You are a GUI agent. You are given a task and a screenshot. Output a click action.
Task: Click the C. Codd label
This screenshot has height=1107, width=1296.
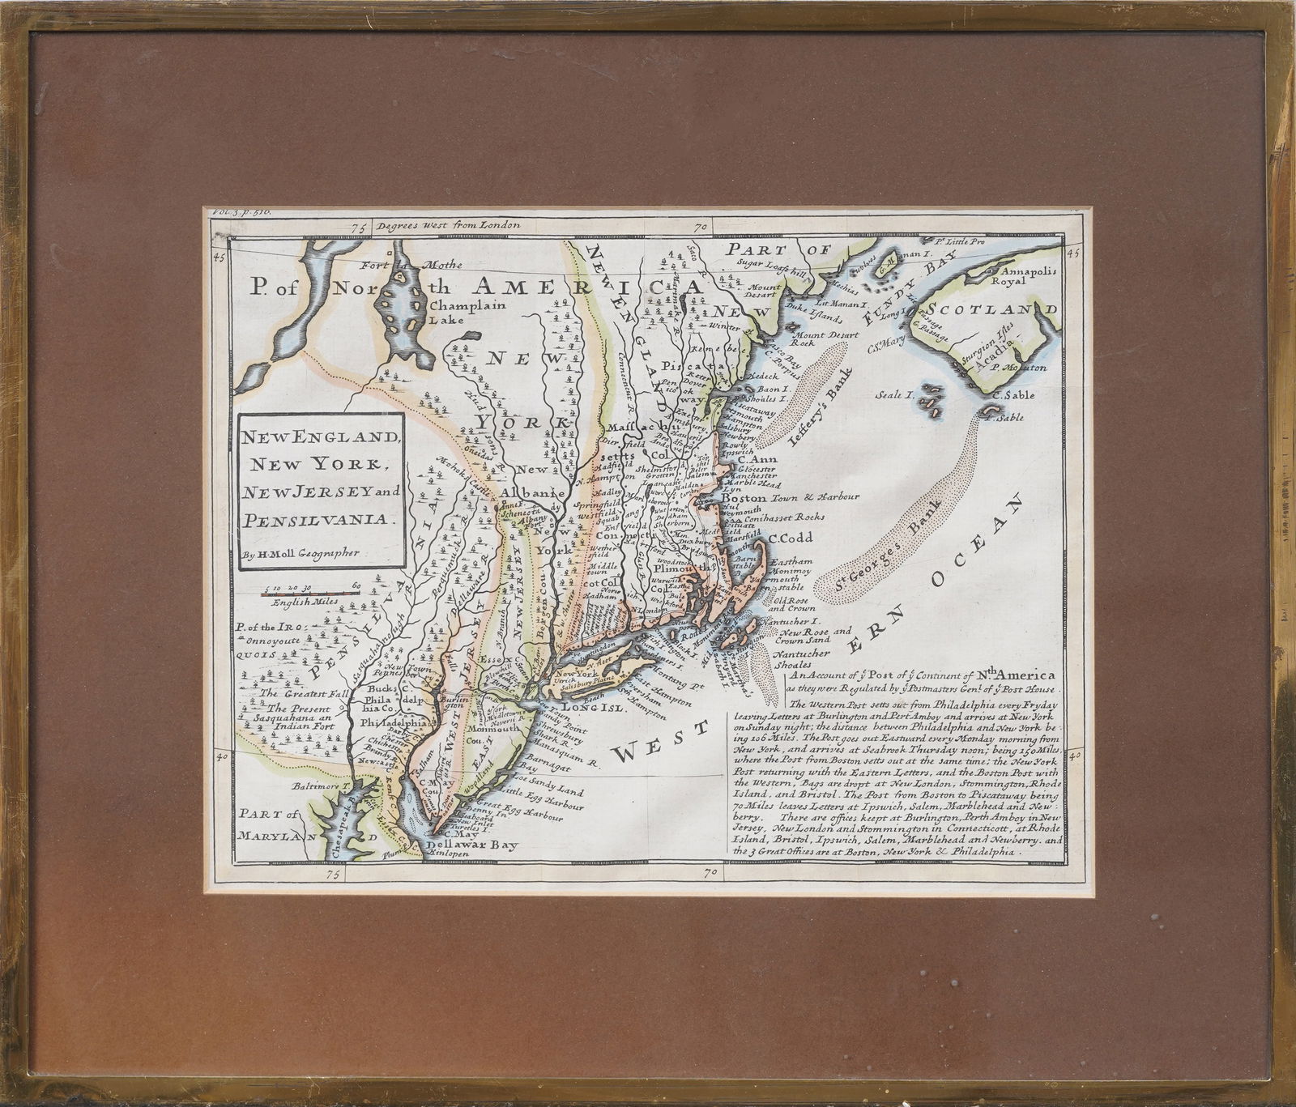pyautogui.click(x=790, y=538)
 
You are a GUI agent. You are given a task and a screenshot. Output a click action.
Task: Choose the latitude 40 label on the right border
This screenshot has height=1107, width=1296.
pyautogui.click(x=1075, y=756)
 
